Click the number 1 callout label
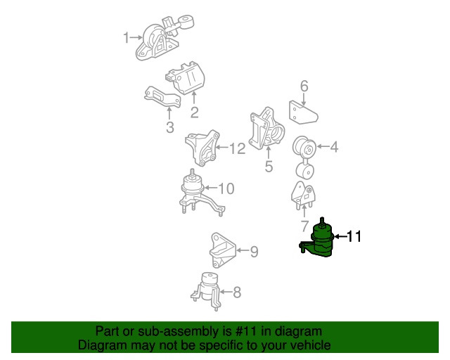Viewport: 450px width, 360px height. tap(127, 37)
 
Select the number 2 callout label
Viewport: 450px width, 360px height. tap(194, 111)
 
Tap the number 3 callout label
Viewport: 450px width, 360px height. tap(169, 127)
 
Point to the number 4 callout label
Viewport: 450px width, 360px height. tap(333, 147)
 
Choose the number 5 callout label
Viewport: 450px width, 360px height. tap(268, 167)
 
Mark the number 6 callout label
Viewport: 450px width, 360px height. tap(304, 86)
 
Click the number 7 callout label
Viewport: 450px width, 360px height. tap(304, 226)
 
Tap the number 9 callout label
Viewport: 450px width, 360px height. tap(254, 250)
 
